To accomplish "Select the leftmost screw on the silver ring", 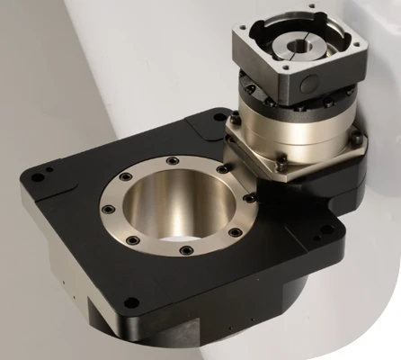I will (109, 209).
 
